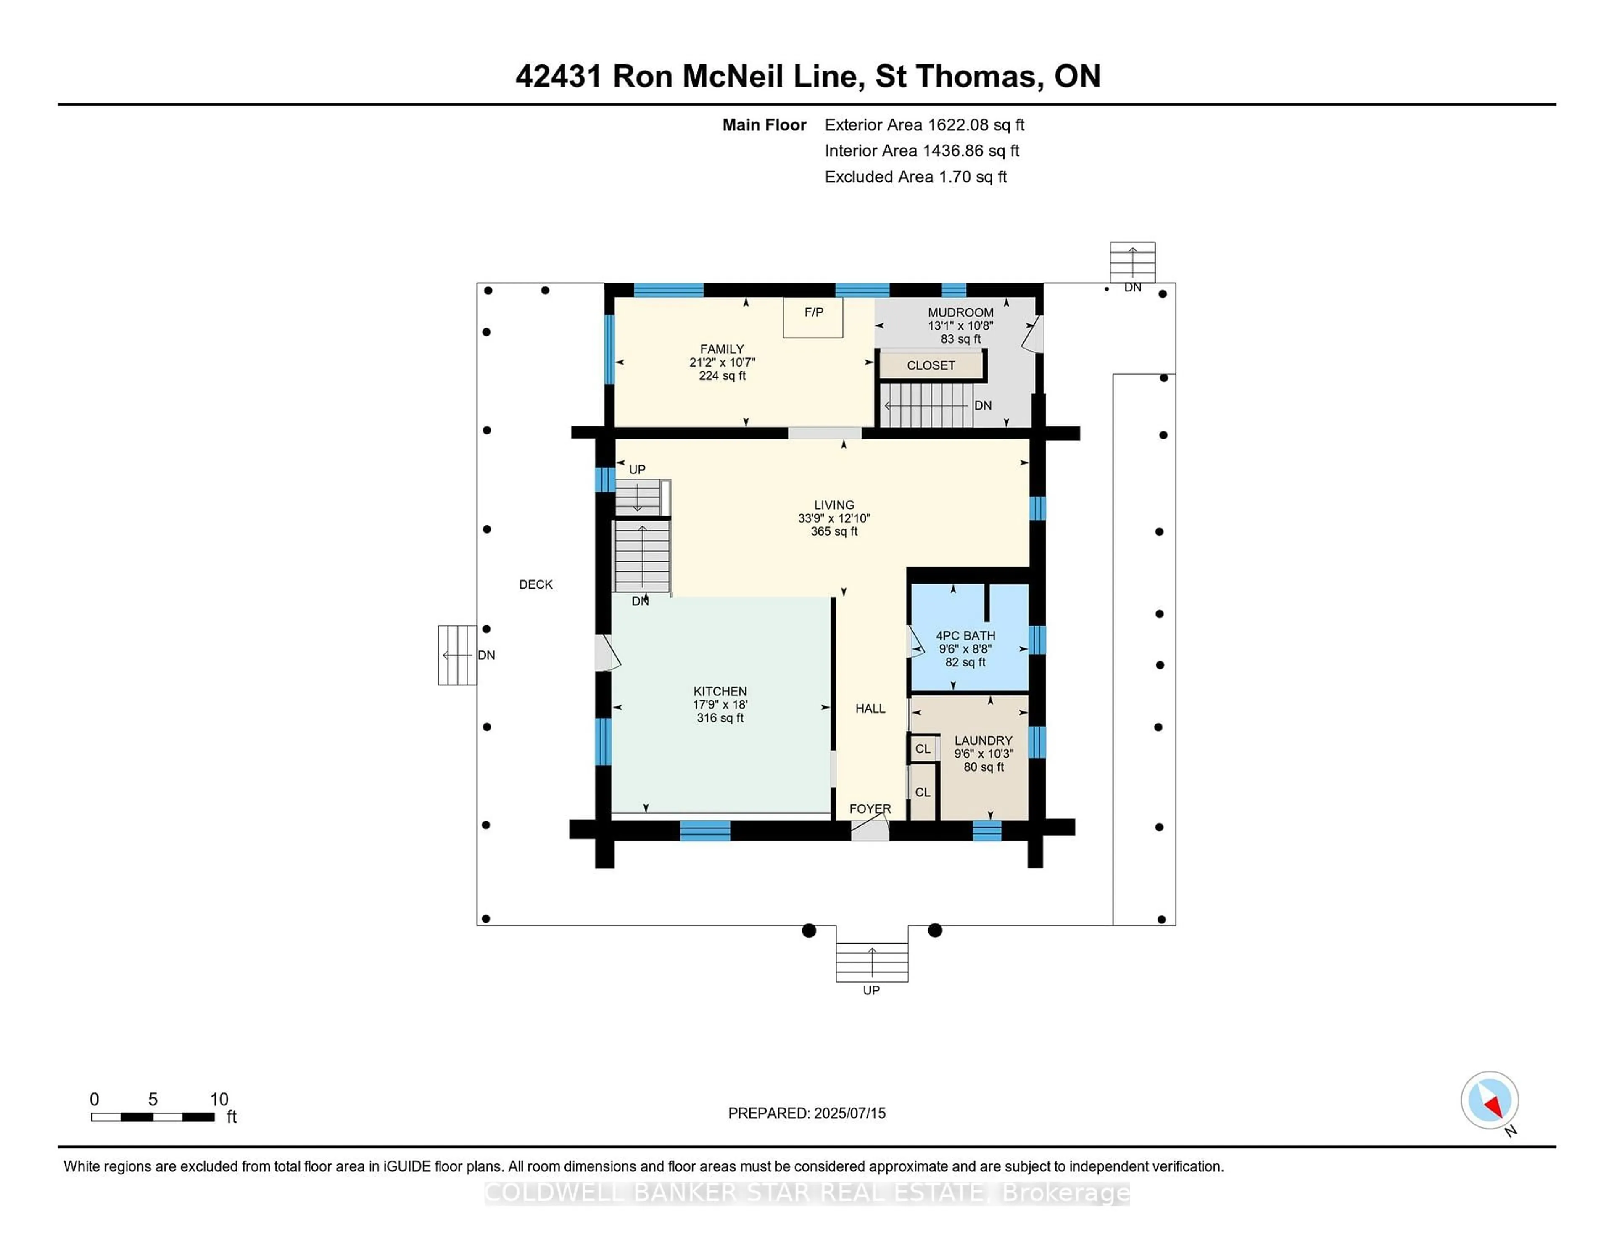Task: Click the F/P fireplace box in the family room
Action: pos(813,317)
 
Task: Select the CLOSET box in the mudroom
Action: pos(931,365)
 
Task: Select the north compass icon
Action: pos(1489,1100)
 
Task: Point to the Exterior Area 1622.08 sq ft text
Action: pos(924,125)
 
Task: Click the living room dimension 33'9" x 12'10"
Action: pos(833,518)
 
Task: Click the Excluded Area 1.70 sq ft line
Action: pos(915,177)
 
